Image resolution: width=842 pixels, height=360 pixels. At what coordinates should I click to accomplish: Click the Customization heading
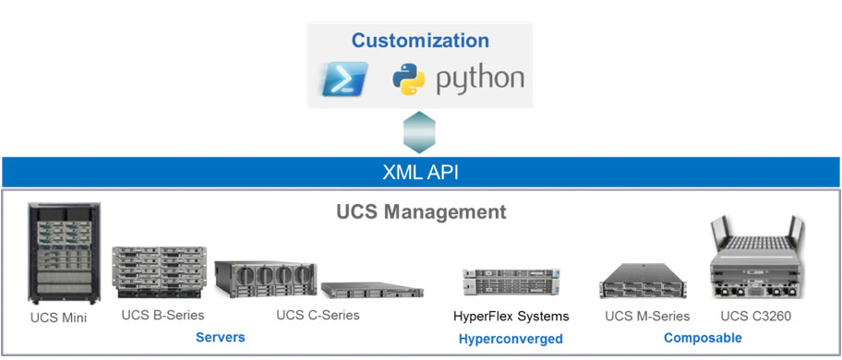[x=420, y=41]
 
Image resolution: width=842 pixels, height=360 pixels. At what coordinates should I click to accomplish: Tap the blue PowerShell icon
[x=344, y=78]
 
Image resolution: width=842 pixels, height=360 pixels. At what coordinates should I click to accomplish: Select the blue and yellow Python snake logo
[x=409, y=78]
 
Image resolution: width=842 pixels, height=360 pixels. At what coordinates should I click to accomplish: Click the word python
[x=479, y=79]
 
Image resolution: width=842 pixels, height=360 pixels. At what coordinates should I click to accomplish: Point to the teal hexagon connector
[x=419, y=132]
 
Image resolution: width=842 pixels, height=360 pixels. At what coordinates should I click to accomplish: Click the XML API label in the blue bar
[x=420, y=173]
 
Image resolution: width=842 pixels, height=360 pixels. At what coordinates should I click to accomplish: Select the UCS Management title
[x=421, y=211]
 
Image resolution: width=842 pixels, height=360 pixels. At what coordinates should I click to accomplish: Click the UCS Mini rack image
[x=64, y=253]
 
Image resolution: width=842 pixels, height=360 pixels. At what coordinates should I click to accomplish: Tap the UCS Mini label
[x=58, y=318]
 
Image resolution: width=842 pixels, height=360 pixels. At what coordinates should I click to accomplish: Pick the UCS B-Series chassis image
[x=159, y=272]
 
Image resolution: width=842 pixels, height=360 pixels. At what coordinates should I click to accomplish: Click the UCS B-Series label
[x=162, y=315]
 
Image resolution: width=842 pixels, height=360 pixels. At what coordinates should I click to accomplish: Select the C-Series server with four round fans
[x=265, y=280]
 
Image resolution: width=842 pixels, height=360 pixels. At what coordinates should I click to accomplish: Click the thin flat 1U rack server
[x=373, y=290]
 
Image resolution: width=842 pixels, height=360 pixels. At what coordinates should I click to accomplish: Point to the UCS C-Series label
[x=318, y=315]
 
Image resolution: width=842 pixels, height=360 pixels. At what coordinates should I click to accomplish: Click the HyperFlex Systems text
[x=511, y=317]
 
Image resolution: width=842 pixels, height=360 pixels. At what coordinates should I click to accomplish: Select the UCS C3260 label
[x=755, y=317]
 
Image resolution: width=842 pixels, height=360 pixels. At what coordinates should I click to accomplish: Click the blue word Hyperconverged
[x=511, y=339]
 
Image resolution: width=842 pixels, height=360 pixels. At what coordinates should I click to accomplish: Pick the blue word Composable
[x=703, y=338]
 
